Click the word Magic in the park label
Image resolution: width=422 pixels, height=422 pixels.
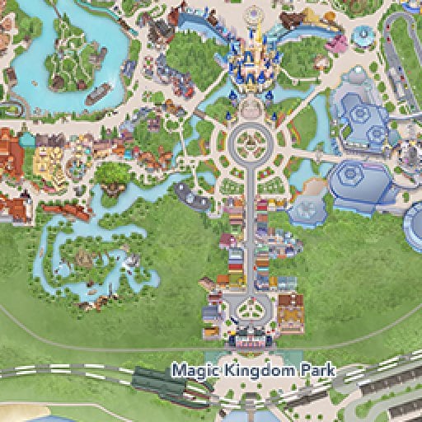coord(188,371)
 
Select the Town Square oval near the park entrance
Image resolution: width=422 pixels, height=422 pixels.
coord(246,311)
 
